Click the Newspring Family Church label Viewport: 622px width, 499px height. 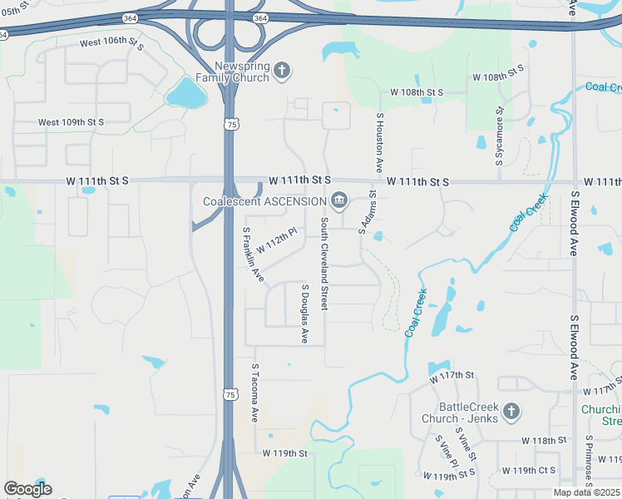point(232,72)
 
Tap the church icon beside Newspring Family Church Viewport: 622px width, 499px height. point(282,71)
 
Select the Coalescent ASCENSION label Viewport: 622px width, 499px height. point(265,201)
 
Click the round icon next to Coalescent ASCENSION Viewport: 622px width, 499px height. point(339,200)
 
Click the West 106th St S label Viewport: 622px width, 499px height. point(111,42)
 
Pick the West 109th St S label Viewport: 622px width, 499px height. point(71,122)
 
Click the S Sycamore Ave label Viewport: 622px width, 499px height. point(500,133)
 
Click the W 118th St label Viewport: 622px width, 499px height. point(543,440)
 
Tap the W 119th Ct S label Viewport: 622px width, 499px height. point(535,471)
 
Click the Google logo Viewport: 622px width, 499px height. point(27,489)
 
